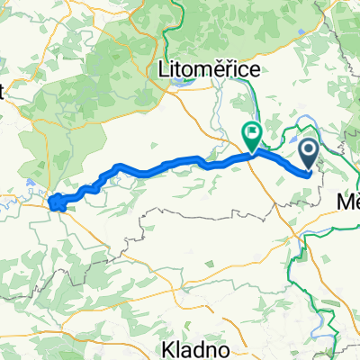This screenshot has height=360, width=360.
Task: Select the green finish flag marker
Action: (x=252, y=136)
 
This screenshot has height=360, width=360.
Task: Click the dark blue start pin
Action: (x=308, y=153)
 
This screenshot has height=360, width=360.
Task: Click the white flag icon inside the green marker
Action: (x=252, y=134)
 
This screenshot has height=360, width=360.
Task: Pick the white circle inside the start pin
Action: (x=308, y=150)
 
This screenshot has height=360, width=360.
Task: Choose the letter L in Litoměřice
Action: (x=162, y=68)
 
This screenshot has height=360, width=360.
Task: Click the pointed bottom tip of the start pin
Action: (x=308, y=170)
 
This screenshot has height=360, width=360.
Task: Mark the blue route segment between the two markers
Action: (x=279, y=160)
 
